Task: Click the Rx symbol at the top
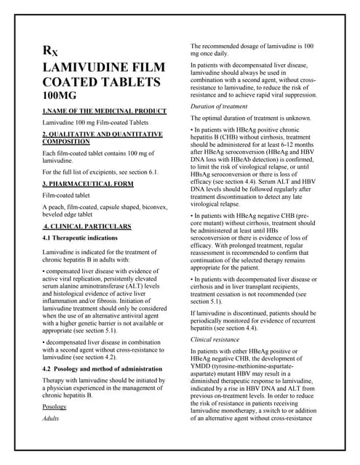coord(50,52)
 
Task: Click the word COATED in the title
coord(72,82)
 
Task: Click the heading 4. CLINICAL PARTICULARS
coord(87,227)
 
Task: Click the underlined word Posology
coord(55,406)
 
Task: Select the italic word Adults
coord(51,419)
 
